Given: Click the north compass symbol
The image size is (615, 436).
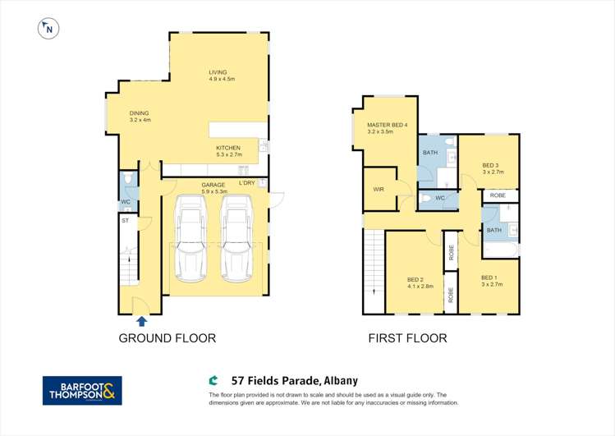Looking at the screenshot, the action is (48, 29).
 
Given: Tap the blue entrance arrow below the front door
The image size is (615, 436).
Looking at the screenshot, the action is (141, 321).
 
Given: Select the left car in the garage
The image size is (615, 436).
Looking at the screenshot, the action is (190, 238).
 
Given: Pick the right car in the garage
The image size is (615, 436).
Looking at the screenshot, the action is (236, 238).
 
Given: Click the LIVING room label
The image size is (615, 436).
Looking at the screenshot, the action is (218, 72).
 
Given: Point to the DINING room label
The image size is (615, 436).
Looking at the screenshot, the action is (139, 113).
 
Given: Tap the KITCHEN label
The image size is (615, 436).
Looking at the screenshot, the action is (228, 148).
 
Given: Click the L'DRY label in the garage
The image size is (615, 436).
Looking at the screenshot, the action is (246, 183).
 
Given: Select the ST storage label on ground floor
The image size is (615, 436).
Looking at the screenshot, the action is (125, 221).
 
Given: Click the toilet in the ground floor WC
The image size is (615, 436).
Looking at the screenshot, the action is (128, 179).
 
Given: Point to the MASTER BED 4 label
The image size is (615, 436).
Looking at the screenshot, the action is (387, 125).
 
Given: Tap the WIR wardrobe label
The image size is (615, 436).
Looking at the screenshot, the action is (379, 190).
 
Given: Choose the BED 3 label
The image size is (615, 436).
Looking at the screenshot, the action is (491, 166).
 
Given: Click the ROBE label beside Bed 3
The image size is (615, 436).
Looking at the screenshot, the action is (498, 195).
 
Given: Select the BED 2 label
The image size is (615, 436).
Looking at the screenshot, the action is (415, 279).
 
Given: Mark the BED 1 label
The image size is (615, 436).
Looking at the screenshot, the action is (489, 278).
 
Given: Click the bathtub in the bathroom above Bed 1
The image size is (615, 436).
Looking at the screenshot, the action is (501, 250).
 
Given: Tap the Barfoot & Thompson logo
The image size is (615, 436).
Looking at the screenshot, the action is (82, 391).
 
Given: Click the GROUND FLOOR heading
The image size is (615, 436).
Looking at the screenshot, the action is (168, 338).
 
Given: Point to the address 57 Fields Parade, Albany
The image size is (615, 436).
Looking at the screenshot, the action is (295, 381).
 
